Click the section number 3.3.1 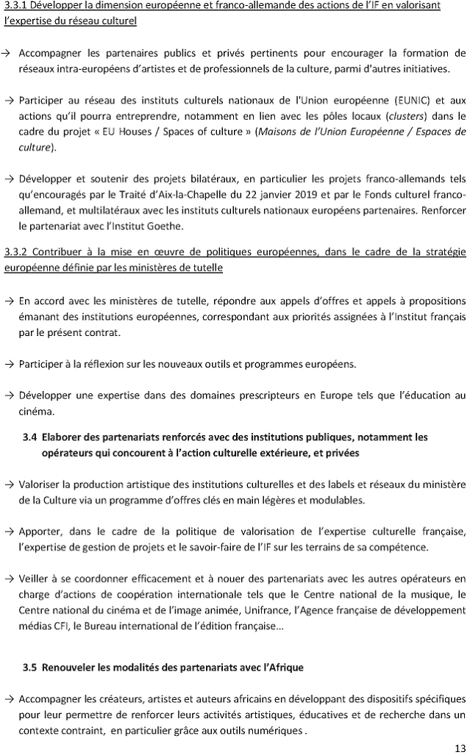16,6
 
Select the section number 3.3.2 16,252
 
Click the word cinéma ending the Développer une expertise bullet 35,412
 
